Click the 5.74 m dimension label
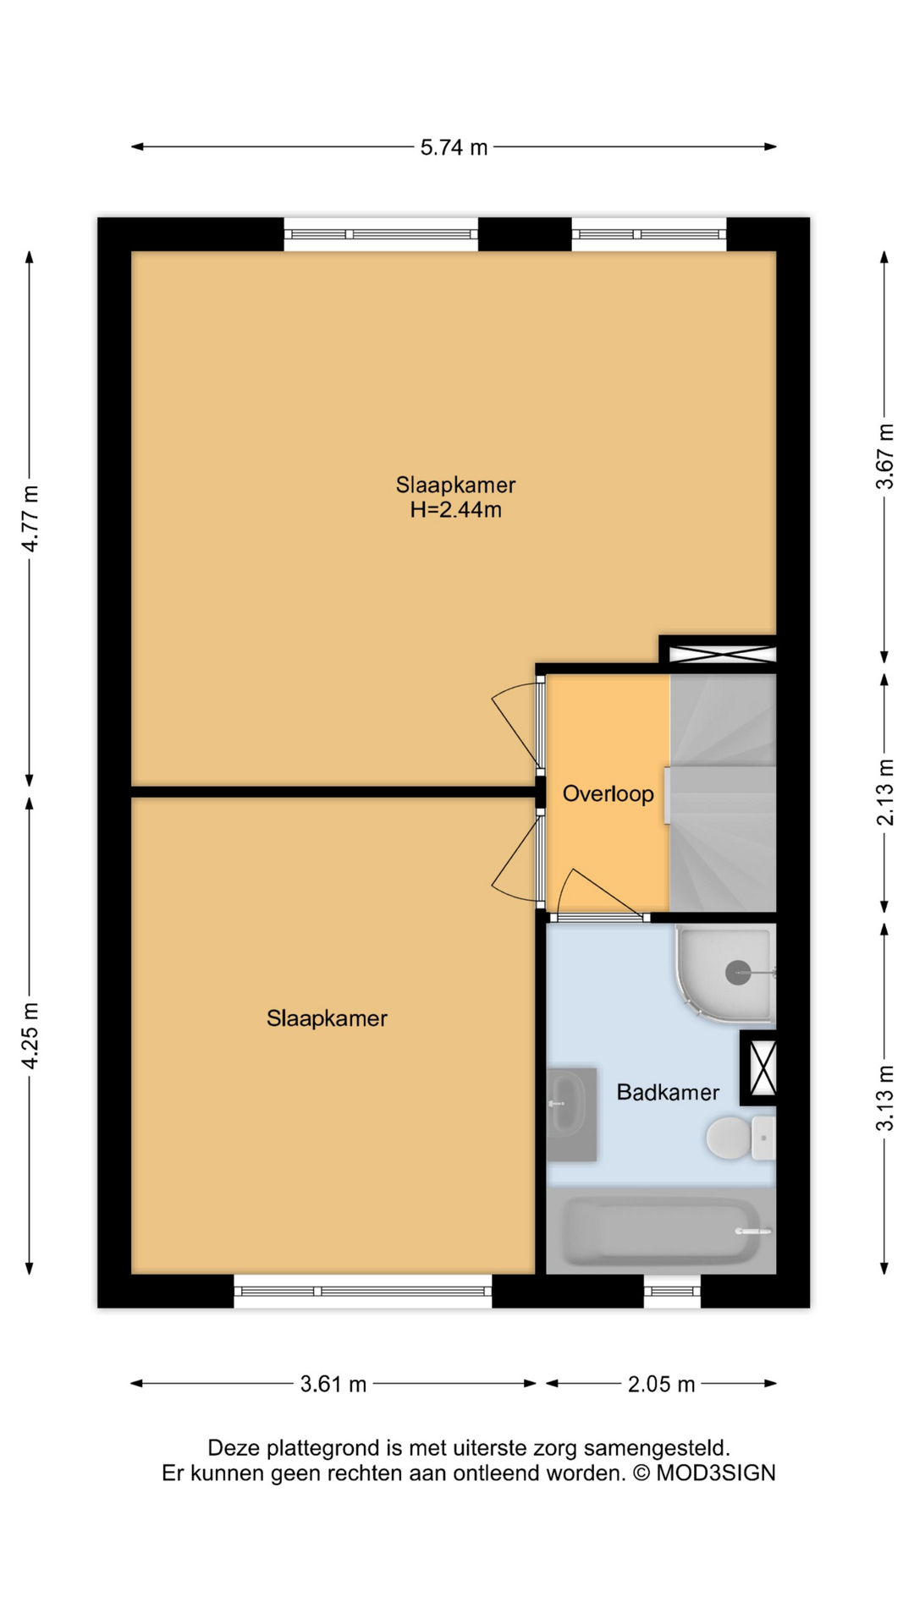[x=454, y=147]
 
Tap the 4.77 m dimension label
[x=30, y=518]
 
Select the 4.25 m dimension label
[x=30, y=1036]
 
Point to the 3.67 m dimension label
[x=884, y=457]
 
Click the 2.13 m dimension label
[x=884, y=793]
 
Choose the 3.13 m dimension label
[x=884, y=1098]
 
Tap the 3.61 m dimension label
[x=333, y=1385]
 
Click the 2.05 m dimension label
[x=661, y=1385]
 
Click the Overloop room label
[x=608, y=794]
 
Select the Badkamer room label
[x=668, y=1093]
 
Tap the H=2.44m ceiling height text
[x=455, y=510]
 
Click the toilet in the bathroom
[x=731, y=1138]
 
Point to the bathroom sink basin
[x=567, y=1103]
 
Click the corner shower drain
[x=738, y=973]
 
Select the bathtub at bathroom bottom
[x=660, y=1232]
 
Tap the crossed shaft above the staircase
[x=722, y=654]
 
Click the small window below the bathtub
[x=672, y=1292]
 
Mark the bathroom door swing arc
[x=592, y=888]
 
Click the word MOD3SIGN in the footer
[x=716, y=1473]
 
